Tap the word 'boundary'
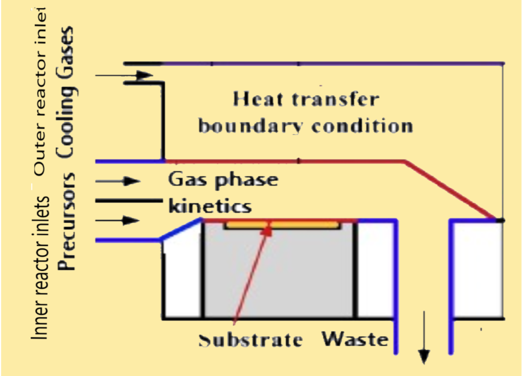pos(250,126)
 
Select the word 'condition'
pos(362,126)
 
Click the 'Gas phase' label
pos(223,180)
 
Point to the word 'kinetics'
pos(210,206)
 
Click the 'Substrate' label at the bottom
pos(250,340)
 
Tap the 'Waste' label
pos(355,339)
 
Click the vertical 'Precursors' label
pos(67,222)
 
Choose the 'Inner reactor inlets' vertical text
pos(40,267)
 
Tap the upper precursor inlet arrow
pos(118,181)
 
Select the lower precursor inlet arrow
pos(118,220)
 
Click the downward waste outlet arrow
pos(424,338)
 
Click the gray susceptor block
pos(278,273)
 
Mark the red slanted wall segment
pos(450,190)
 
